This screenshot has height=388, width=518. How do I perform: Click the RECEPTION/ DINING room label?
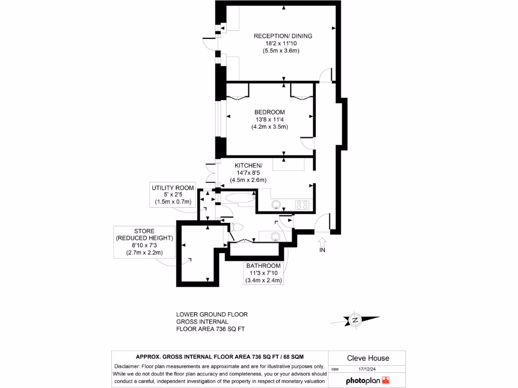click(282, 36)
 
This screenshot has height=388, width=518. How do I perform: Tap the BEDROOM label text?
click(270, 112)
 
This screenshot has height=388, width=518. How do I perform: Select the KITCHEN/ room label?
click(248, 166)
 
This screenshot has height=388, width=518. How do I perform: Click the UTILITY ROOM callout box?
click(173, 195)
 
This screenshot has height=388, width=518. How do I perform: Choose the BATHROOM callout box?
click(263, 273)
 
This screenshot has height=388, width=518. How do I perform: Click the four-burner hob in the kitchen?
click(302, 205)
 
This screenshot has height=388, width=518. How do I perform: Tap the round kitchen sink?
click(276, 205)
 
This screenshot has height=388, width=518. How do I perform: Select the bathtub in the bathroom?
click(239, 198)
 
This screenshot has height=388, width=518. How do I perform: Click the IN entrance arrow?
click(322, 245)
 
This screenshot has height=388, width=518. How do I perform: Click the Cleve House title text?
click(368, 358)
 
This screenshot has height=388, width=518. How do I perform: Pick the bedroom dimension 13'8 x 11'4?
click(270, 120)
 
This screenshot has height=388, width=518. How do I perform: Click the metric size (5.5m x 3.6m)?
click(282, 51)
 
